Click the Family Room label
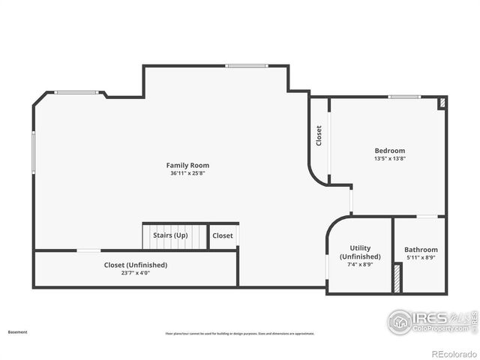tap(187, 165)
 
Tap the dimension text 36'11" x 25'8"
tap(187, 173)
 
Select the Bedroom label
tap(389, 151)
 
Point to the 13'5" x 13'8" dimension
tap(389, 159)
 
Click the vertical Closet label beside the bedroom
tap(319, 136)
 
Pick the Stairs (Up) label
tap(170, 235)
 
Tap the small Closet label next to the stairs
tap(223, 235)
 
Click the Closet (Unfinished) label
tap(135, 265)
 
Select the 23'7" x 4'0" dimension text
tap(135, 273)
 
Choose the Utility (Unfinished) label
tap(365, 253)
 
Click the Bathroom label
tap(421, 250)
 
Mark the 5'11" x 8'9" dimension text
tap(421, 258)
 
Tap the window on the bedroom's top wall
tap(404, 96)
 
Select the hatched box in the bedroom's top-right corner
tap(442, 103)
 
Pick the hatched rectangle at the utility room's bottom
tap(396, 278)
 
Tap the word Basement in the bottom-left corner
tap(17, 331)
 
